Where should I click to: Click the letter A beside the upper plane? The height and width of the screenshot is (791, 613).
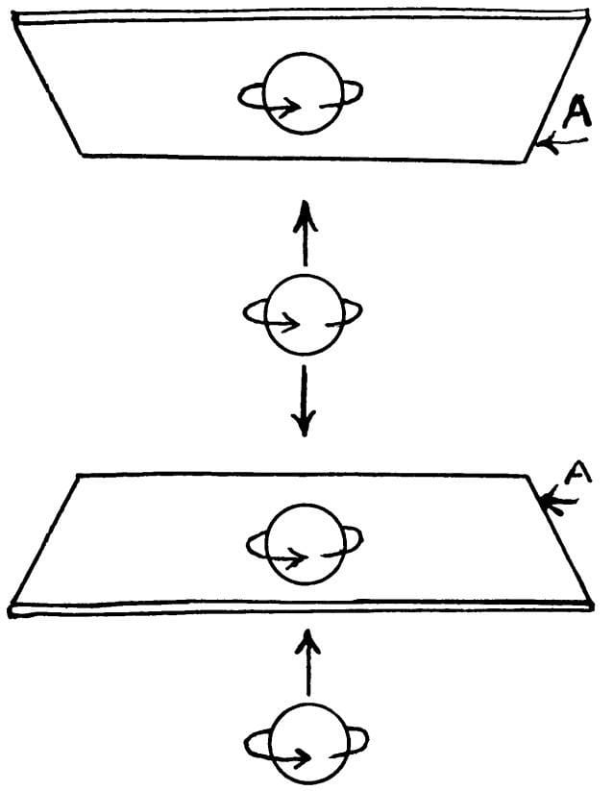click(x=576, y=114)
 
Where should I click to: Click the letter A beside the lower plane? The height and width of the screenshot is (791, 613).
click(x=573, y=475)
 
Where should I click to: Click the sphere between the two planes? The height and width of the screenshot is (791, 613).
click(x=304, y=316)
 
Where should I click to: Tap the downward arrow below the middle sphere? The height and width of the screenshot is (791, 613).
click(x=304, y=400)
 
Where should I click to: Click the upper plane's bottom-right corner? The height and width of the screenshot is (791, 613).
click(x=527, y=161)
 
